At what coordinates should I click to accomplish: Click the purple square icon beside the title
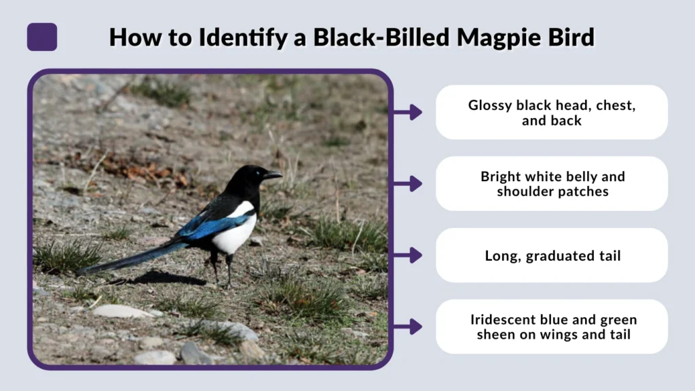42,37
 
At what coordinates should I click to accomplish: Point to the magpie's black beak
273,175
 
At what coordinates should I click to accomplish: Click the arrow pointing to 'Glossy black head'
409,112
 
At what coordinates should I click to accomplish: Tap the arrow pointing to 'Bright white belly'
409,183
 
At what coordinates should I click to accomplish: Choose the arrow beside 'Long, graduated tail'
409,255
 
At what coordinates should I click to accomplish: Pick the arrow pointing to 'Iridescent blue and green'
409,327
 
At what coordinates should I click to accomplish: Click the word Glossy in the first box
490,105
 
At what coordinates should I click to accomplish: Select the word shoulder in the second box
526,191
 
